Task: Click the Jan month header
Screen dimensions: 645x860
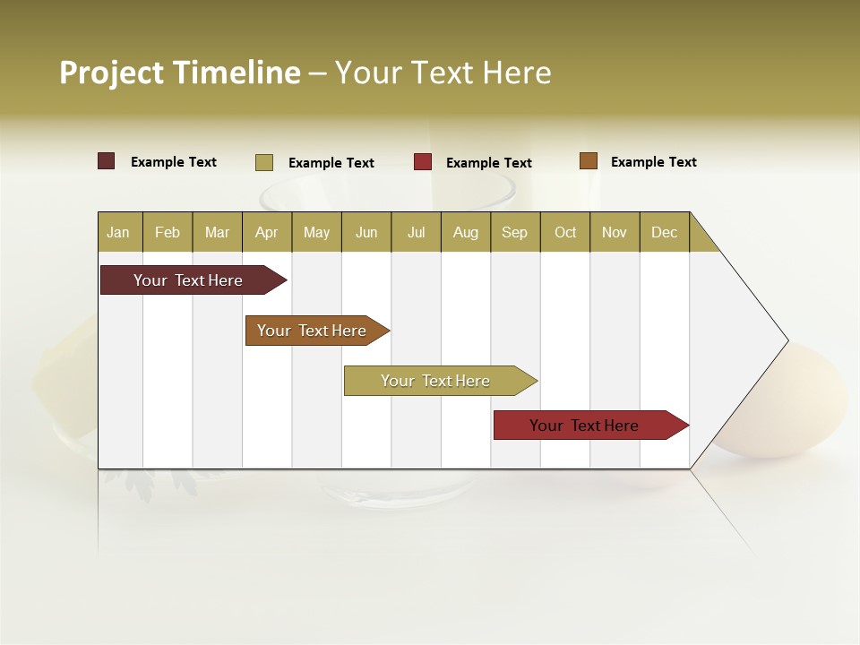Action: click(x=118, y=232)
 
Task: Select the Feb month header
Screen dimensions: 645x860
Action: click(x=168, y=232)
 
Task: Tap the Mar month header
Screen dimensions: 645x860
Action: click(x=217, y=232)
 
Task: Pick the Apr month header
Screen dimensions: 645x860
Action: click(x=267, y=232)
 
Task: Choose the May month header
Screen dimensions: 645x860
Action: click(x=316, y=232)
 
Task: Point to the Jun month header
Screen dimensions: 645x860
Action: click(x=366, y=232)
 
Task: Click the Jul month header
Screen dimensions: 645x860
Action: click(x=416, y=232)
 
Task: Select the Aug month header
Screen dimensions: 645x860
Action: click(x=466, y=232)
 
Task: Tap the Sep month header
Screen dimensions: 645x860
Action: click(x=515, y=232)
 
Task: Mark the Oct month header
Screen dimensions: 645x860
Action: click(x=565, y=232)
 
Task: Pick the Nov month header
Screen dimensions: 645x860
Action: click(x=615, y=232)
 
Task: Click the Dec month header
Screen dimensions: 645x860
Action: click(x=665, y=232)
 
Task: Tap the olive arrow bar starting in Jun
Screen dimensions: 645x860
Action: click(x=436, y=381)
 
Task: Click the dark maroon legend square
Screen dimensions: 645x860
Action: click(x=107, y=161)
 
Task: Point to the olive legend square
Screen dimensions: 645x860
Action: click(x=264, y=162)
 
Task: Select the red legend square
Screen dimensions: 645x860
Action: click(x=423, y=162)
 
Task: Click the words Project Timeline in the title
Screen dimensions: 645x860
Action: click(x=180, y=73)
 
